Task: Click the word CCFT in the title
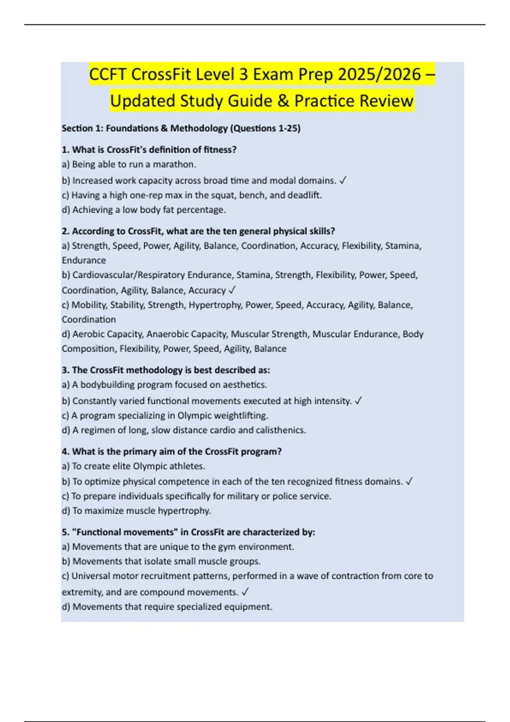tap(108, 75)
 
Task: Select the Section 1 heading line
tap(181, 128)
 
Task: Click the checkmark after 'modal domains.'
tap(343, 180)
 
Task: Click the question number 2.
tap(65, 231)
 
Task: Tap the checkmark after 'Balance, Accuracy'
tap(232, 290)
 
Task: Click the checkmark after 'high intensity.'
tap(358, 401)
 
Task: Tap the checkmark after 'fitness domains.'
tap(409, 482)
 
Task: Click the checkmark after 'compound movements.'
tap(245, 592)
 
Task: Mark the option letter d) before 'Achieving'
tap(66, 210)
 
